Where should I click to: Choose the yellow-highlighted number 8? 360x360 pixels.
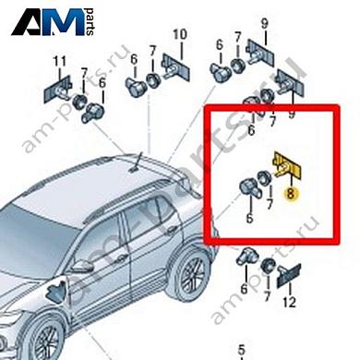(x=292, y=194)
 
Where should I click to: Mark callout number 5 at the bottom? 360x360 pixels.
(x=241, y=349)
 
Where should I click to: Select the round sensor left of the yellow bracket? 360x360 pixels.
(x=247, y=187)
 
